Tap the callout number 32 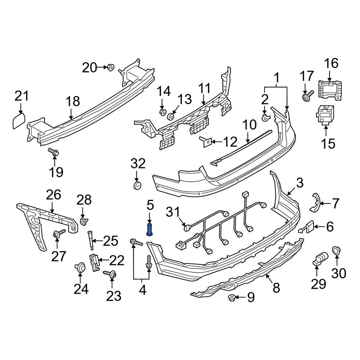[138, 164]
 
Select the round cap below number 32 [138, 185]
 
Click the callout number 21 [21, 96]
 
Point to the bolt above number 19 [54, 153]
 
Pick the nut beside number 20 [111, 67]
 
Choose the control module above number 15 [325, 115]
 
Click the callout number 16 [331, 64]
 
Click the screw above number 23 [110, 275]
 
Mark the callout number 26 [53, 195]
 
